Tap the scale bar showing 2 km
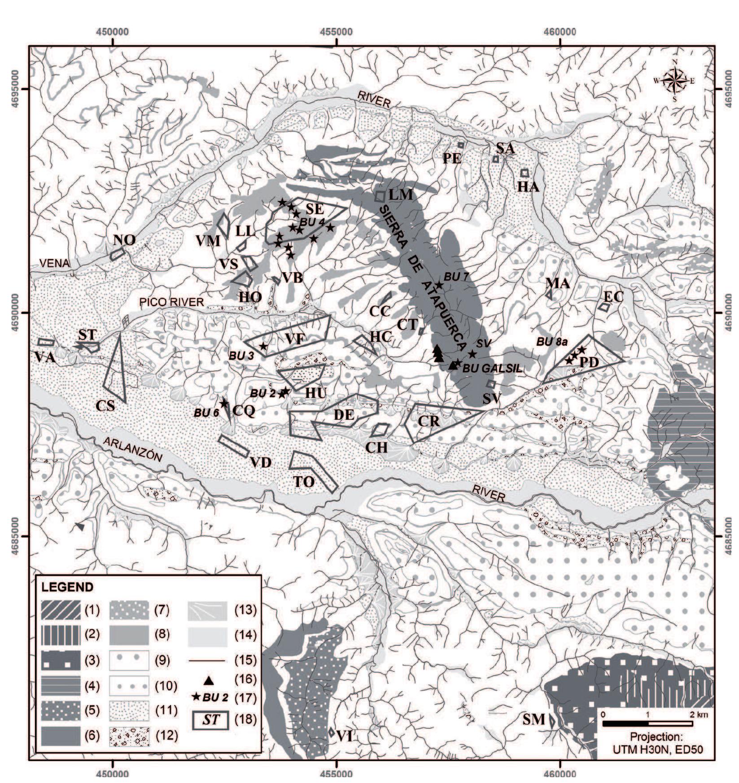point(647,723)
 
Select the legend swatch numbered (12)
point(130,736)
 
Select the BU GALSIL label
point(492,369)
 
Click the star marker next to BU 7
point(439,285)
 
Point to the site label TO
point(304,482)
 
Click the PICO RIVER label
point(172,302)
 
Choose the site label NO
point(124,240)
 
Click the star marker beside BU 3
point(263,346)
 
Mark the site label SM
point(534,720)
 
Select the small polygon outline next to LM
point(380,196)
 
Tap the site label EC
point(613,296)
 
